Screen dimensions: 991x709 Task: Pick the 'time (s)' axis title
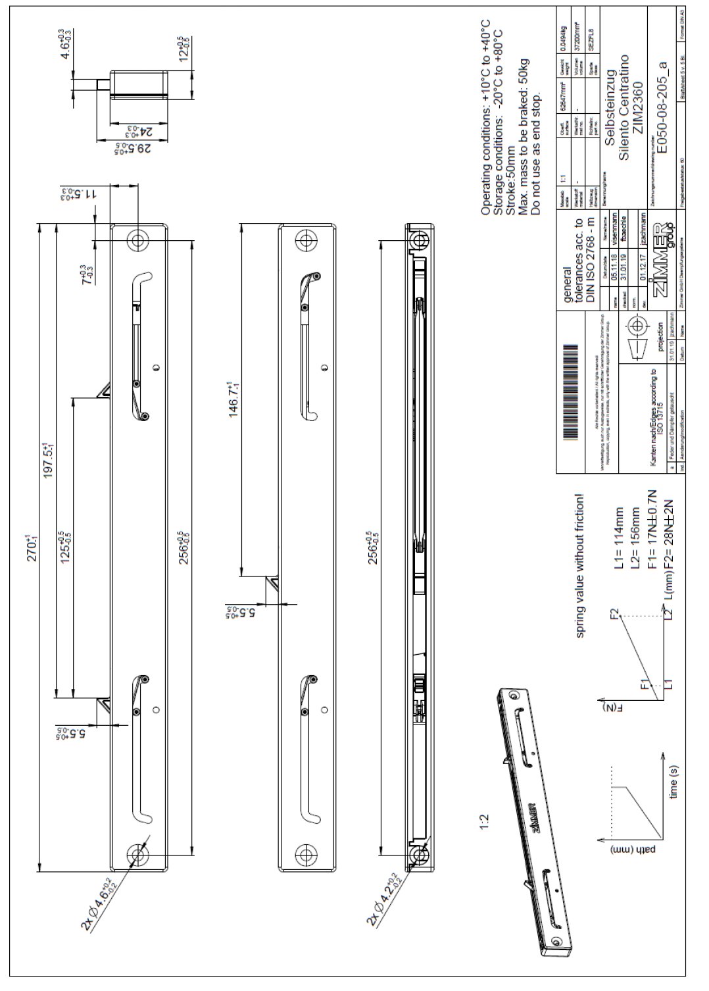click(673, 783)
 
